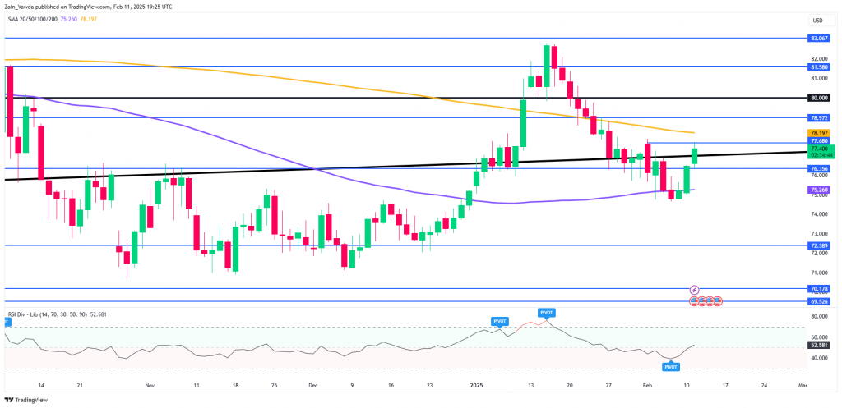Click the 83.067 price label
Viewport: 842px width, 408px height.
click(x=817, y=38)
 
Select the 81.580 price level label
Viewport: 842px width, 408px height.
click(x=817, y=66)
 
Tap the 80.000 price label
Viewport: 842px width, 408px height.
click(x=817, y=97)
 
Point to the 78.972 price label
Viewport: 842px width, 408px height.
click(x=817, y=118)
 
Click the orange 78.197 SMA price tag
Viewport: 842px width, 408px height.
click(x=817, y=132)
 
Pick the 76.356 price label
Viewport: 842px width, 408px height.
click(x=817, y=168)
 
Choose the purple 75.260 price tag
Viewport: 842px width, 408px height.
click(x=817, y=189)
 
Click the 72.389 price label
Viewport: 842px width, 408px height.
click(x=817, y=245)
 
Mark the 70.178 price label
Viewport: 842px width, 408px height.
click(x=817, y=288)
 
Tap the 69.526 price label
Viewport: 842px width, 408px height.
click(x=817, y=301)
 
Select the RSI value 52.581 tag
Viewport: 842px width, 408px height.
click(x=817, y=346)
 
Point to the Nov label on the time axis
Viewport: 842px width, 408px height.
click(x=149, y=384)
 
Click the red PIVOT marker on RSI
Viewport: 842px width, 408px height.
click(x=546, y=313)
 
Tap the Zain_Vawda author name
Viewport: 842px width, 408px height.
click(x=24, y=6)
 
